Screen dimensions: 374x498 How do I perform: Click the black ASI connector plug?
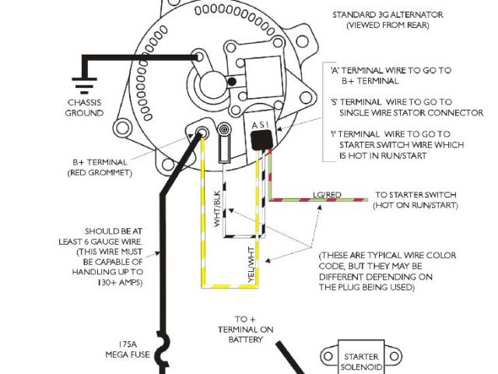[x=260, y=139]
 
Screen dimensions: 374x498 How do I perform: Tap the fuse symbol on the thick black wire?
[x=163, y=351]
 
